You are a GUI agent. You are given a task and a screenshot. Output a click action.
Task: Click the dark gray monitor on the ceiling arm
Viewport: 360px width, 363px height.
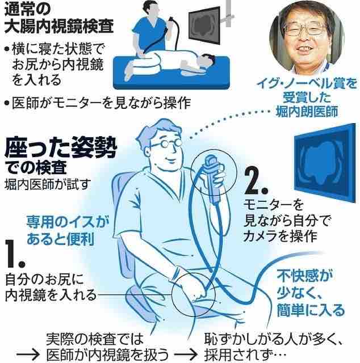pyautogui.click(x=204, y=26)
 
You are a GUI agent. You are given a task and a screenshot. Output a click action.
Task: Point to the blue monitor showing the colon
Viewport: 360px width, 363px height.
pyautogui.click(x=325, y=163)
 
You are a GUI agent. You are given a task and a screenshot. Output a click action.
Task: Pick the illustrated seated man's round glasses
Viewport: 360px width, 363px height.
pyautogui.click(x=168, y=144)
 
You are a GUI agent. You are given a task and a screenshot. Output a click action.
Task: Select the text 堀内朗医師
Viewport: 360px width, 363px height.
pyautogui.click(x=307, y=112)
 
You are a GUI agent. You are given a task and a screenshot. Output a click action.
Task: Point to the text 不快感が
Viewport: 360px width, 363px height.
pyautogui.click(x=304, y=275)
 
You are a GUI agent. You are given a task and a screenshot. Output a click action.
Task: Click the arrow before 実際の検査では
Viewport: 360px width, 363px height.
pyautogui.click(x=28, y=354)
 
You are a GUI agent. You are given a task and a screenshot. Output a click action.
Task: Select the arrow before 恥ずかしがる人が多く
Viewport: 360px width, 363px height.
pyautogui.click(x=186, y=354)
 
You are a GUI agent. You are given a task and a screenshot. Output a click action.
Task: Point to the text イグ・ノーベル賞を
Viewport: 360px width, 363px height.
pyautogui.click(x=307, y=84)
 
